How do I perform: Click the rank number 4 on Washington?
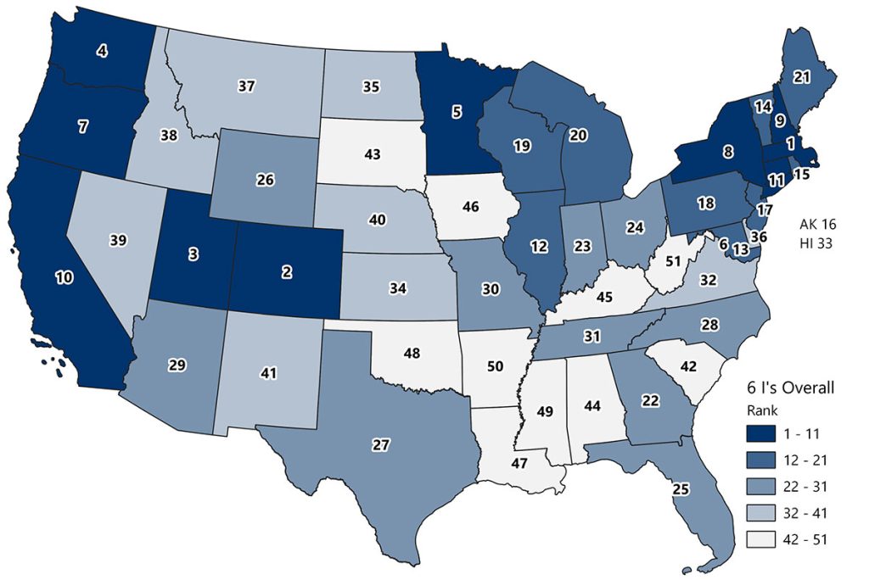pyautogui.click(x=102, y=52)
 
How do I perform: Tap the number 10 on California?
pyautogui.click(x=64, y=278)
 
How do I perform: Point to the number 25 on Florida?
pyautogui.click(x=680, y=488)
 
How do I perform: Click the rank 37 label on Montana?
pyautogui.click(x=246, y=86)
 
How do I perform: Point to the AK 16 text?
pyautogui.click(x=819, y=225)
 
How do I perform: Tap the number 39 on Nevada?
pyautogui.click(x=118, y=241)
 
